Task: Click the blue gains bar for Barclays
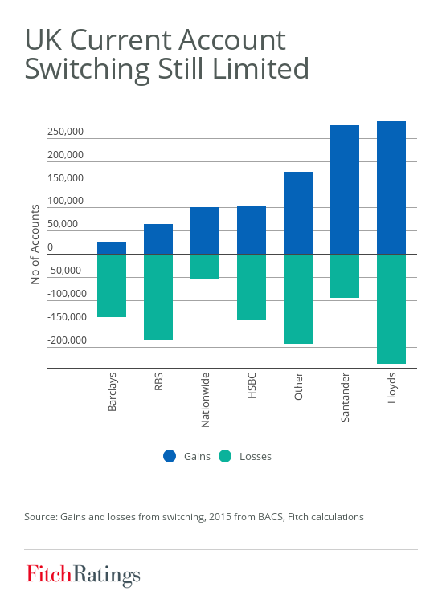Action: pos(112,248)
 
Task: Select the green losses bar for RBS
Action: pos(158,297)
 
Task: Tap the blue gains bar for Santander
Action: pos(345,189)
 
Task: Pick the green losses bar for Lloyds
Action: pos(391,309)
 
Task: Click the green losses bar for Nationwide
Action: pos(205,267)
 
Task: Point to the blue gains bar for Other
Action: pos(298,213)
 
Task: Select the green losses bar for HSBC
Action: pos(252,287)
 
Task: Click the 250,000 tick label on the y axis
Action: pos(65,132)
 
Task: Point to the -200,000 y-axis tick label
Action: pos(67,340)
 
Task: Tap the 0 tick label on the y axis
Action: pos(50,247)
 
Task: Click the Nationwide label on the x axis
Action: pos(205,400)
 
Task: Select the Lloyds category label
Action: pos(391,388)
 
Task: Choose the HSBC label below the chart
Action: pos(252,385)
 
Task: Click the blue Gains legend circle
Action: pos(170,456)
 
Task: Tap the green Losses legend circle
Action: pos(225,456)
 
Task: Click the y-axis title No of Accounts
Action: pos(35,245)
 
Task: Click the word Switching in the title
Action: pos(87,69)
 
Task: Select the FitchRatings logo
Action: pos(83,575)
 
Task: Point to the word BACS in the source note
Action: pos(271,517)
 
